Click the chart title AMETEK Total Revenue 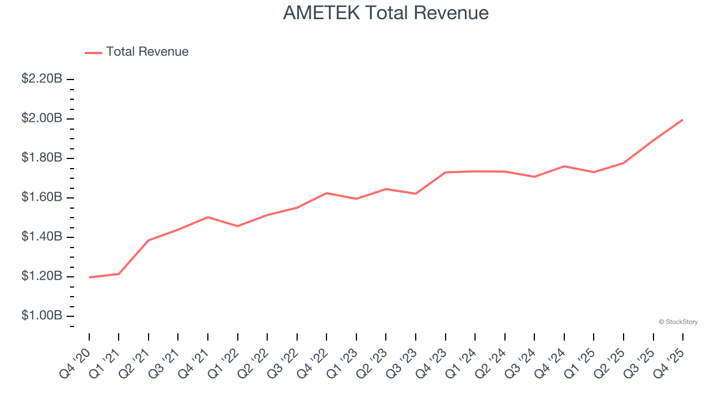click(x=386, y=13)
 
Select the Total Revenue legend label click(x=147, y=52)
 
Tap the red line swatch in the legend click(x=93, y=52)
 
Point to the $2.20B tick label click(x=42, y=79)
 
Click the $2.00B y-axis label click(x=42, y=118)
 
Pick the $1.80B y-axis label click(x=42, y=158)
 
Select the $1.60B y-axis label click(x=42, y=197)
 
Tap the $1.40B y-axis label click(x=42, y=237)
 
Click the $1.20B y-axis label click(x=42, y=276)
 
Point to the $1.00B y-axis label click(x=42, y=316)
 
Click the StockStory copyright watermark click(x=678, y=322)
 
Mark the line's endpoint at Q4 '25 click(x=683, y=120)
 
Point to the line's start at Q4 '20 click(x=89, y=277)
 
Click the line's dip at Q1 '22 click(x=238, y=226)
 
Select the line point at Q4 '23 click(x=446, y=173)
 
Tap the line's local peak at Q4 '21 click(x=208, y=217)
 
